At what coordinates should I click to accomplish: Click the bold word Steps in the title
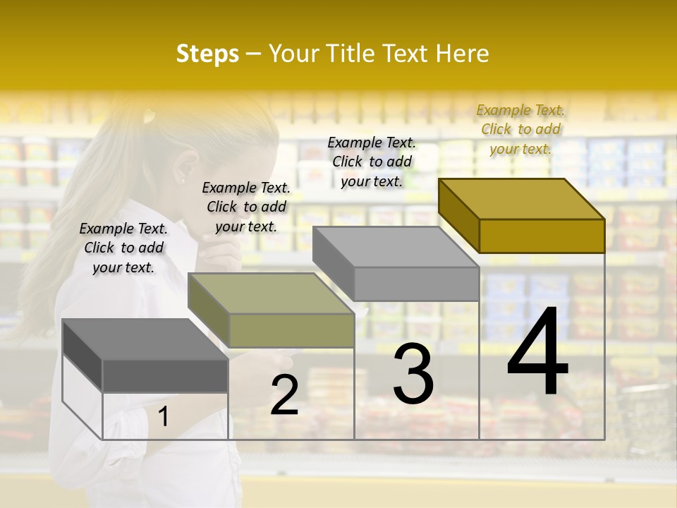coord(207,54)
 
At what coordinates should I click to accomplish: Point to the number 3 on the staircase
coord(413,374)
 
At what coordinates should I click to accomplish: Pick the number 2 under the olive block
coord(284,395)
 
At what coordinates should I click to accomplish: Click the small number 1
coord(164,417)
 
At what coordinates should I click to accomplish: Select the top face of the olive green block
coord(272,294)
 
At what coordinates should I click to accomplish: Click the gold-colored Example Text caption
coord(520,129)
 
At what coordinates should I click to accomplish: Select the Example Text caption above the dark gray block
coord(123,248)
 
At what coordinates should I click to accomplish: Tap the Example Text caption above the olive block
coord(246,207)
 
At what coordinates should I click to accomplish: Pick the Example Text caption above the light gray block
coord(372,162)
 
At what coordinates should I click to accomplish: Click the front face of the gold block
coord(542,236)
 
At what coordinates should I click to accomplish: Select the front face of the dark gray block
coord(165,376)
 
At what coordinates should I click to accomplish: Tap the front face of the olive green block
coord(291,330)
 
